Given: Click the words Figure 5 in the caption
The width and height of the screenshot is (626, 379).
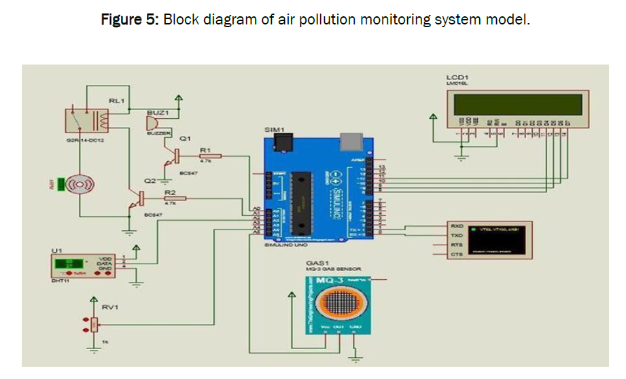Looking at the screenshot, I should (x=129, y=19).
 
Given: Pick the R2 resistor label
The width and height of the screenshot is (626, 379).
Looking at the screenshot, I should (x=171, y=193).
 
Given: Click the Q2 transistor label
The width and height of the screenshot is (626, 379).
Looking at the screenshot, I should (x=150, y=181).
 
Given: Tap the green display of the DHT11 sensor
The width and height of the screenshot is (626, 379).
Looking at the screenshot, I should (x=65, y=264).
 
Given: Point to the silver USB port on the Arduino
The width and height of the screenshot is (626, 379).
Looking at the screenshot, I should (x=350, y=141).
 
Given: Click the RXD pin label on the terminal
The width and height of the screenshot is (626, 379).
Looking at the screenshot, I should (x=457, y=225).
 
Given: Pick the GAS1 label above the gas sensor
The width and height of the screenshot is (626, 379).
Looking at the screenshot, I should (x=317, y=262).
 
